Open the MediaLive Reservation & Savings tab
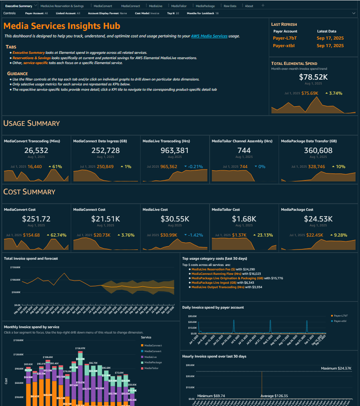[x=62, y=6]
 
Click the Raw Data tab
[x=230, y=6]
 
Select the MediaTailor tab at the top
[x=179, y=6]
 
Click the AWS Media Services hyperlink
[x=209, y=36]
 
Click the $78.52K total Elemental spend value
[x=314, y=77]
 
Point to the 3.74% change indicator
[x=334, y=93]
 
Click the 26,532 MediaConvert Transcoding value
[x=36, y=150]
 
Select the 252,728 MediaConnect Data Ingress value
[x=105, y=150]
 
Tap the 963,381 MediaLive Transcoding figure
[x=175, y=150]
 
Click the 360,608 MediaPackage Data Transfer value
[x=318, y=150]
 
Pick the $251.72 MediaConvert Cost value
[x=36, y=219]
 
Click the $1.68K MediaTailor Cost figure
[x=244, y=219]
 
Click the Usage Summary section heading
[x=32, y=123]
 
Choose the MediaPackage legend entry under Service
[x=153, y=362]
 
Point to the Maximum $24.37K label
[x=336, y=368]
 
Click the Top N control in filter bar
[x=173, y=13]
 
